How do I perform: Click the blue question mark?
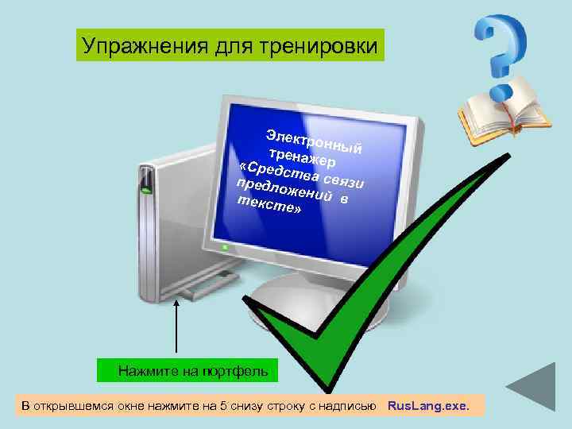[x=501, y=52]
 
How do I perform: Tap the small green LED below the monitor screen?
[x=225, y=248]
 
